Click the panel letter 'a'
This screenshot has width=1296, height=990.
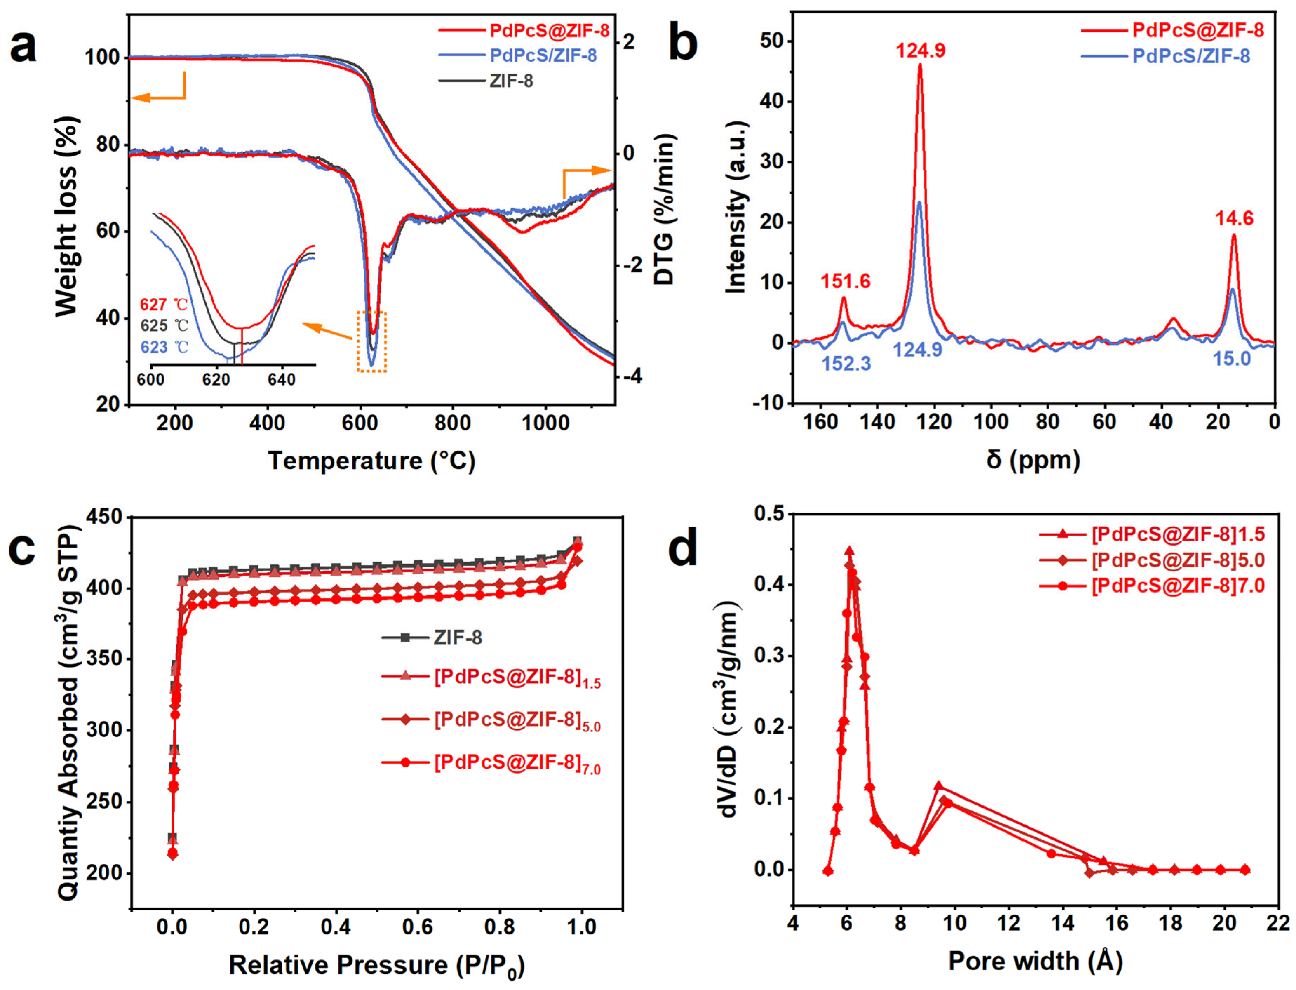pyautogui.click(x=23, y=47)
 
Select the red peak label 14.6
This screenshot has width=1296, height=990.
pyautogui.click(x=1234, y=219)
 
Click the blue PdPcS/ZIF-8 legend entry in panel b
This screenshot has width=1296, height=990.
pyautogui.click(x=1190, y=56)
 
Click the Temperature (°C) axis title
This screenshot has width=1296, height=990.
pyautogui.click(x=371, y=461)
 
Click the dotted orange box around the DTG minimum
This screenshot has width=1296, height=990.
pyautogui.click(x=372, y=341)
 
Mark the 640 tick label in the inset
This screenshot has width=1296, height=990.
pyautogui.click(x=282, y=380)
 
